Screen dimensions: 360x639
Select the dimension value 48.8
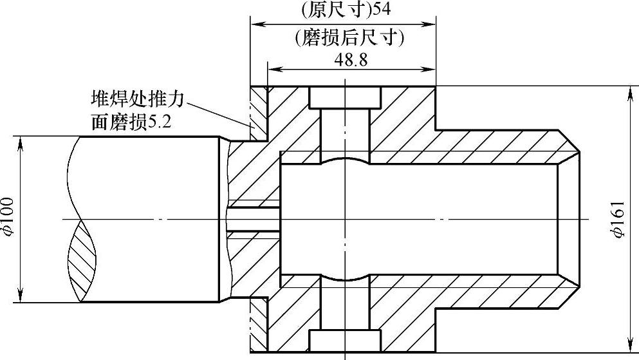351,59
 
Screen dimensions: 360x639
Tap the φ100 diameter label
10,219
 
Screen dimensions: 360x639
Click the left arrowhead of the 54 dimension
255,25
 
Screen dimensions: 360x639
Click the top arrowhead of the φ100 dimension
23,140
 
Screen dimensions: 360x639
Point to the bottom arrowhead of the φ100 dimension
23,298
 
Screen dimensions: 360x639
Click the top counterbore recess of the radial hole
345,97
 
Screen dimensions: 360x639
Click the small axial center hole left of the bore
254,219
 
